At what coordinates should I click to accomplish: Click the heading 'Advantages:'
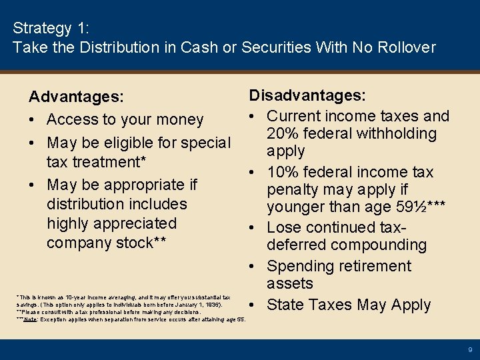click(76, 97)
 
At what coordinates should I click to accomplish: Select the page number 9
click(469, 349)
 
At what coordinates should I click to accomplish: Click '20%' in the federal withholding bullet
click(284, 133)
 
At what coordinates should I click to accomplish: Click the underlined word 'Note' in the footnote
click(30, 319)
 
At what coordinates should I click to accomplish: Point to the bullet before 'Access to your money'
click(33, 120)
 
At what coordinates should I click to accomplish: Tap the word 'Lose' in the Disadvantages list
click(285, 228)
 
